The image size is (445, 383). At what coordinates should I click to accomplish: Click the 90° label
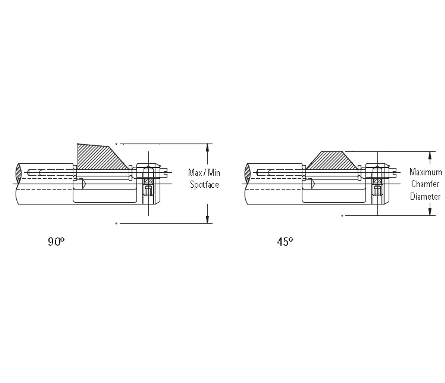point(56,242)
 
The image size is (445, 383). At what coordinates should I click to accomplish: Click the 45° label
point(285,242)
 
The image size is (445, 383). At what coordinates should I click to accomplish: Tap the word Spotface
point(204,185)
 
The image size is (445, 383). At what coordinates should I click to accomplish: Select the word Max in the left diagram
point(195,172)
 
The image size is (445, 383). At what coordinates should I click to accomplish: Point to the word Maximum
point(426,172)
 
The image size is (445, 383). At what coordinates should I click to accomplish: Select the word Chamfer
point(425,184)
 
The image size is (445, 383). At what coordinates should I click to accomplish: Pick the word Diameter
point(425,196)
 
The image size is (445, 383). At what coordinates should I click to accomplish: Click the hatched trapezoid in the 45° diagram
point(332,161)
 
